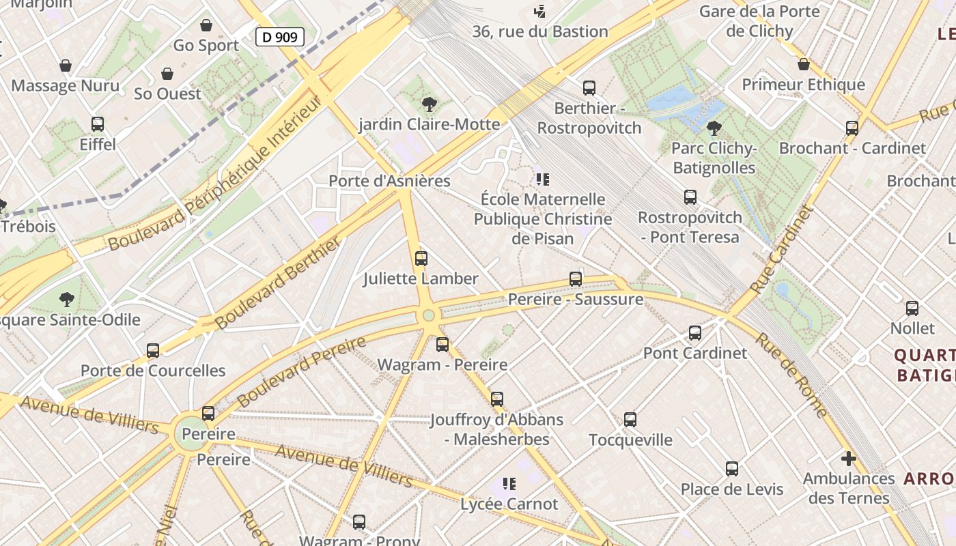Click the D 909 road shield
click(279, 37)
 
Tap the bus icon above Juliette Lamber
click(421, 259)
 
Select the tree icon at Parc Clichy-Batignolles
click(714, 128)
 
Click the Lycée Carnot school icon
click(509, 484)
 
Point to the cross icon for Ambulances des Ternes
click(848, 459)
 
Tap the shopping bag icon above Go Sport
click(206, 25)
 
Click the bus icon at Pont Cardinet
click(694, 333)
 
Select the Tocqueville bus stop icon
click(630, 420)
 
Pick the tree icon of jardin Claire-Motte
click(429, 104)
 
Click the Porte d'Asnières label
click(389, 181)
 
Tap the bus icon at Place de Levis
click(731, 469)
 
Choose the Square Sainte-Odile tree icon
click(66, 300)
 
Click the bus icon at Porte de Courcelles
click(153, 351)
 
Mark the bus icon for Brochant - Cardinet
click(852, 128)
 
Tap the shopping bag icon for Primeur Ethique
click(803, 64)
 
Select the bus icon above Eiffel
click(98, 124)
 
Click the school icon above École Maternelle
click(542, 179)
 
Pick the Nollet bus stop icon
click(912, 308)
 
